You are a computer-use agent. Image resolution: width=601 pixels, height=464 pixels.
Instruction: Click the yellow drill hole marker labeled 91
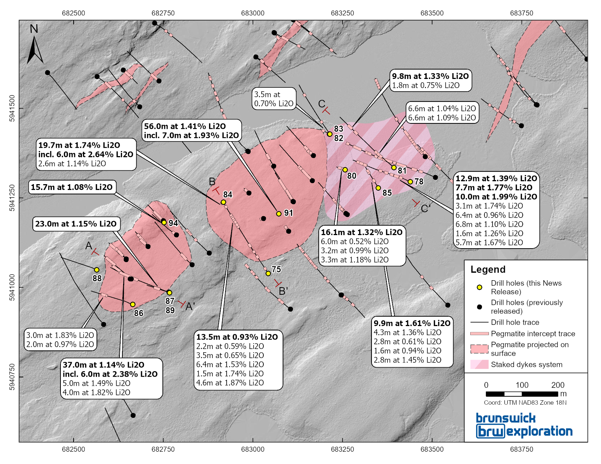(x=279, y=214)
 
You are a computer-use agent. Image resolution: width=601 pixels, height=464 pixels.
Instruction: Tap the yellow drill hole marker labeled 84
(x=223, y=202)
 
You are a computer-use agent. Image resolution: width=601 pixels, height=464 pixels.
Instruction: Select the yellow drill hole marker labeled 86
(x=133, y=304)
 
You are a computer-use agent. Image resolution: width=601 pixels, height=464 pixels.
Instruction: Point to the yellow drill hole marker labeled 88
(x=97, y=270)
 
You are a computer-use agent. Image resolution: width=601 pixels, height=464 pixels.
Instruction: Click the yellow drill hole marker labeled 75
(x=268, y=273)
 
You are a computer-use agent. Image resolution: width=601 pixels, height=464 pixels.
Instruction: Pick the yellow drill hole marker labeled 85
(x=378, y=188)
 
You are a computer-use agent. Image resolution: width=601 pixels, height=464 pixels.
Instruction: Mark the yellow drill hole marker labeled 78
(x=410, y=182)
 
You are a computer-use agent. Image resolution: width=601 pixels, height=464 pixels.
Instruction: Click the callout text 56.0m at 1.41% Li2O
(x=185, y=126)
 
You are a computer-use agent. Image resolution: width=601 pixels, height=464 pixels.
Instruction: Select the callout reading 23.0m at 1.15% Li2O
(x=76, y=224)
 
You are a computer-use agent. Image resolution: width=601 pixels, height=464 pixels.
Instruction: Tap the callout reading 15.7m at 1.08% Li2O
(x=72, y=187)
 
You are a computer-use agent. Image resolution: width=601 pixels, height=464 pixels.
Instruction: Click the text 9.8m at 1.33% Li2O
(x=430, y=76)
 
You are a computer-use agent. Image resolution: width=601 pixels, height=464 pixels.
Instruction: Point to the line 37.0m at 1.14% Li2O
(x=103, y=365)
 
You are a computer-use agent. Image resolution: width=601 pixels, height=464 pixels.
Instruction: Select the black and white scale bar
(x=522, y=394)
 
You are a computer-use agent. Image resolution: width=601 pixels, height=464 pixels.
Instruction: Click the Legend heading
(x=488, y=269)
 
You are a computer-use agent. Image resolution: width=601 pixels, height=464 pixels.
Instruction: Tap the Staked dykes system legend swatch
(x=479, y=364)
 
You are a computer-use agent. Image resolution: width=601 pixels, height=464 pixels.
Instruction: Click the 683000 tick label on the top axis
(x=253, y=13)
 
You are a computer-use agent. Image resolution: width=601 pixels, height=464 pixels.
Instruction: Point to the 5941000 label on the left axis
(x=12, y=287)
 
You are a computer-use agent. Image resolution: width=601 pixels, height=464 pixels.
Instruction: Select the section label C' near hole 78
(x=425, y=209)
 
